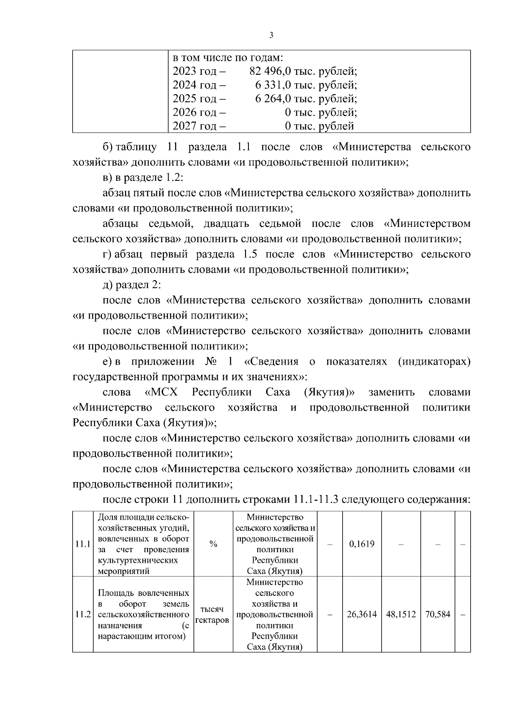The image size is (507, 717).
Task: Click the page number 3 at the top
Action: tap(271, 35)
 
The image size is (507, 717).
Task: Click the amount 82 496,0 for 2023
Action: tap(266, 71)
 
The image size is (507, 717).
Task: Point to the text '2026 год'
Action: tap(194, 112)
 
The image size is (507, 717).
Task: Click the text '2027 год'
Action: tap(194, 126)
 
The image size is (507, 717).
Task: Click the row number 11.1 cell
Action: tap(83, 544)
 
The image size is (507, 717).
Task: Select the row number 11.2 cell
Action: tap(83, 615)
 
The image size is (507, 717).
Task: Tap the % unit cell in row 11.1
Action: tap(213, 544)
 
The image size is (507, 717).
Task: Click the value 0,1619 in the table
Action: tap(362, 544)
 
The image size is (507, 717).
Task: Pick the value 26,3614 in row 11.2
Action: tap(362, 615)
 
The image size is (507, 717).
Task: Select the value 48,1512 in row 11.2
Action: tap(401, 615)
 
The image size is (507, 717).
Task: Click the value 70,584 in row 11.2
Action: tap(437, 615)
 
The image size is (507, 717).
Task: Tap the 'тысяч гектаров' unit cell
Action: tap(213, 615)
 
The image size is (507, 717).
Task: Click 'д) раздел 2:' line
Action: tap(132, 285)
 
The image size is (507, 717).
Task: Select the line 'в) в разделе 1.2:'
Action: tap(142, 178)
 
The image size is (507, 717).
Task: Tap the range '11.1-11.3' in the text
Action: tap(314, 500)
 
